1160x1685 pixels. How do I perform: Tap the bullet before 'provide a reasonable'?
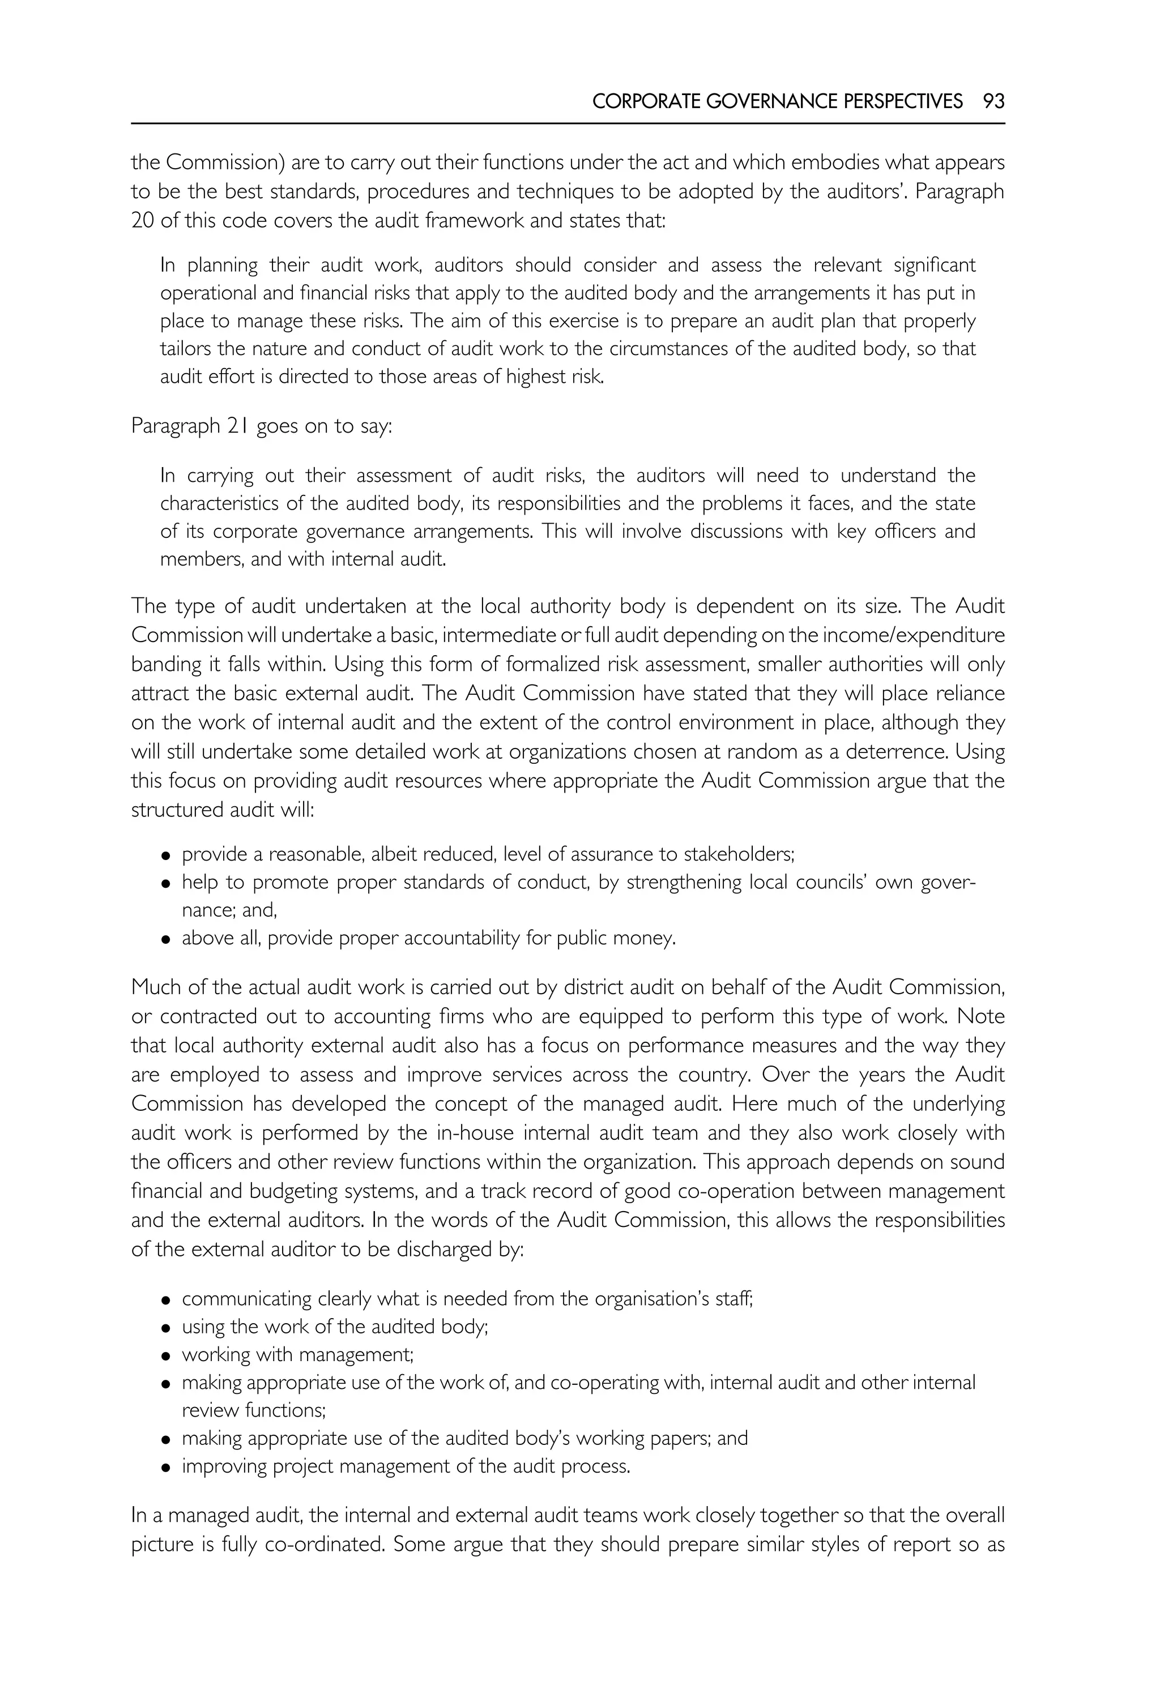pyautogui.click(x=166, y=857)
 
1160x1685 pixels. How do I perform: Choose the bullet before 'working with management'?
pyautogui.click(x=166, y=1357)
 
